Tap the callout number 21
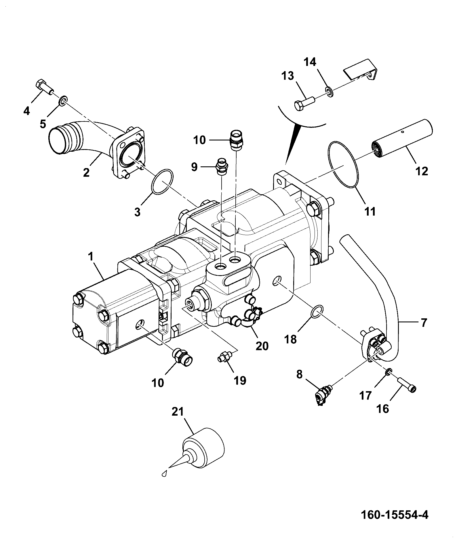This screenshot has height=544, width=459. [177, 412]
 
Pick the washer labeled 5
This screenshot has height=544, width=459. [63, 101]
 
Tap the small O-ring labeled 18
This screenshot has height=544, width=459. [317, 313]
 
